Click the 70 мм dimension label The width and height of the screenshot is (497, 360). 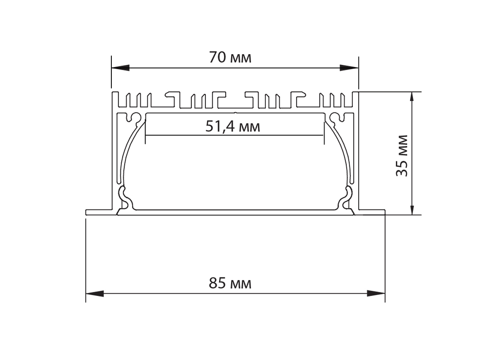(230, 58)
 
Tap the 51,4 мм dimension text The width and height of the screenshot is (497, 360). (233, 127)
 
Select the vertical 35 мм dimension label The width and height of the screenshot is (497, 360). (402, 155)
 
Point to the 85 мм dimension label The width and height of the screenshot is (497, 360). (230, 283)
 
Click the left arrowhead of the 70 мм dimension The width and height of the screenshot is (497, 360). (120, 68)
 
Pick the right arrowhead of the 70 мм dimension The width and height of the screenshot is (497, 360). (349, 68)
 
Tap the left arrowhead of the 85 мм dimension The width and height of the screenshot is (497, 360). (95, 293)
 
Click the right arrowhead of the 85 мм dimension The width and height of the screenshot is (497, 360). (376, 293)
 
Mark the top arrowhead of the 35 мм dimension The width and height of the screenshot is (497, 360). (412, 101)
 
